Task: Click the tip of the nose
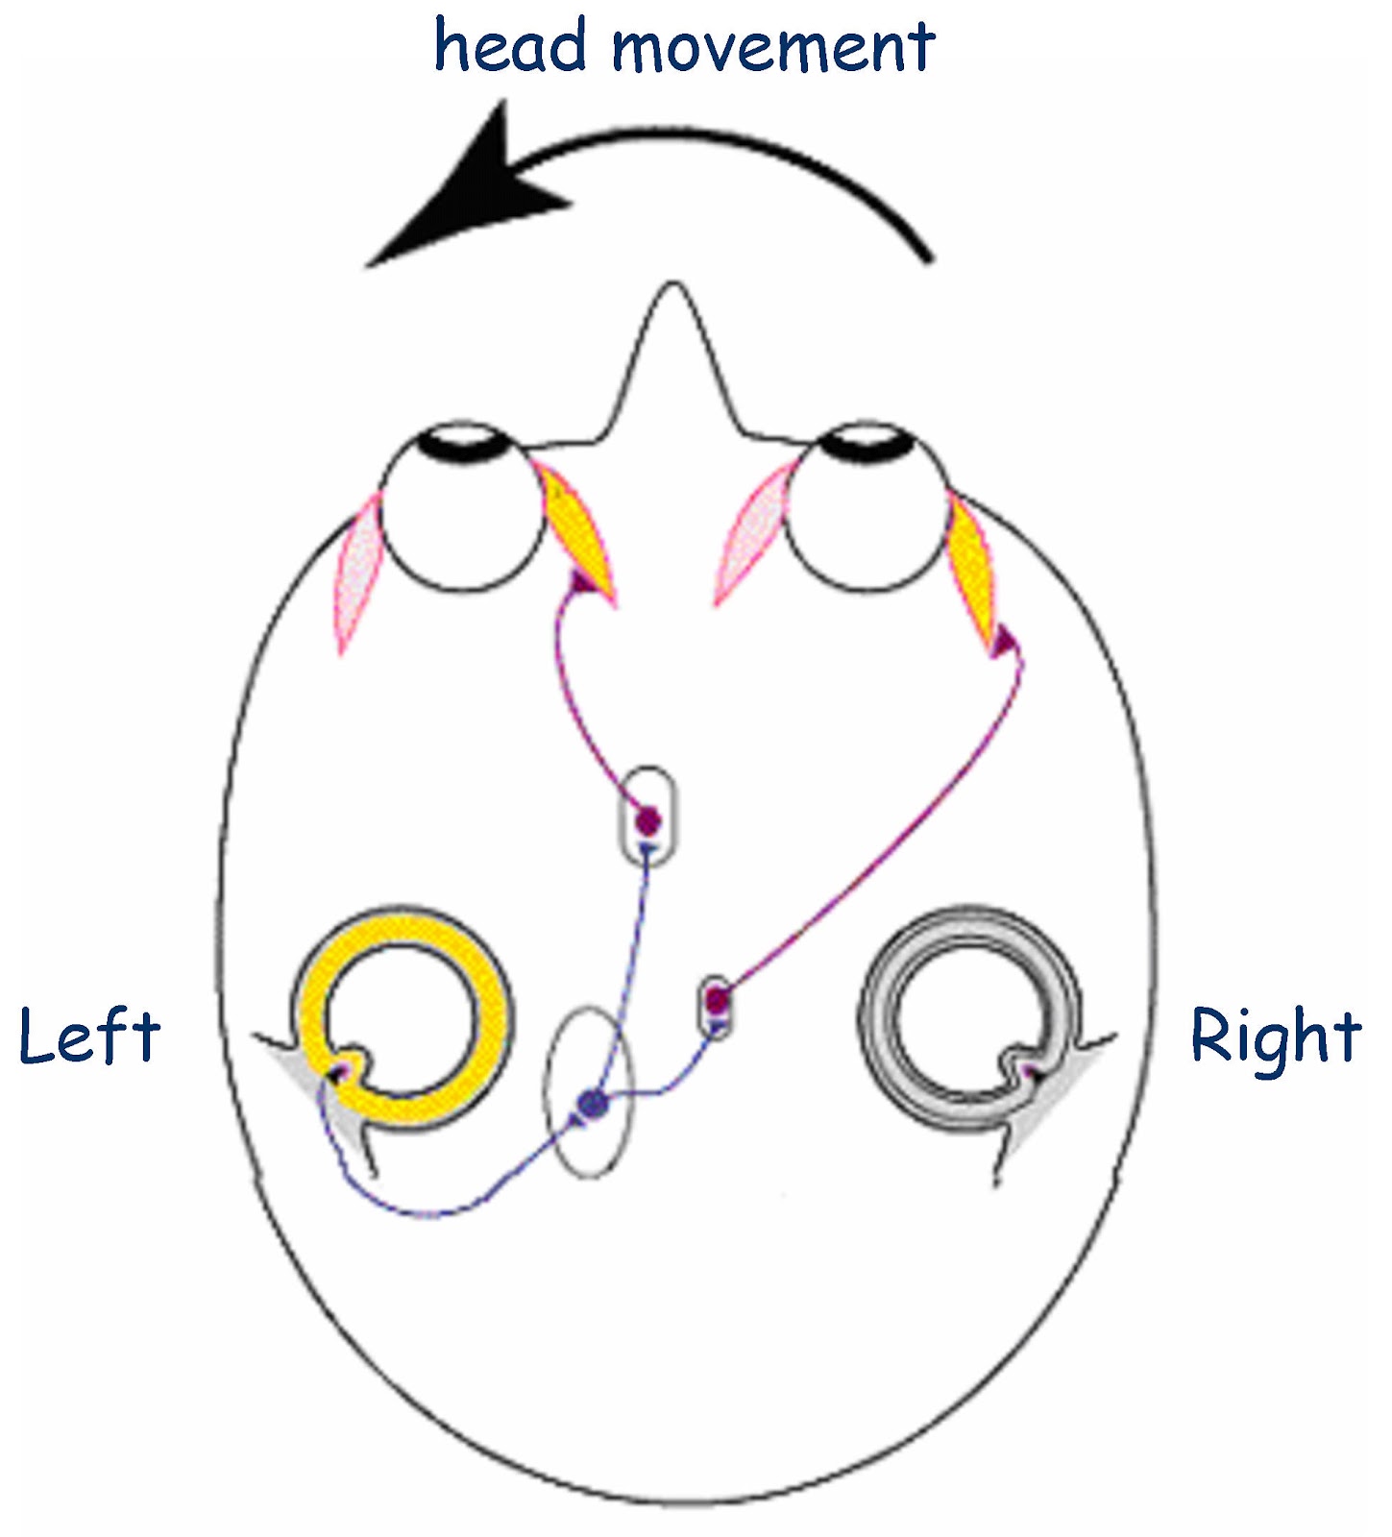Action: (673, 288)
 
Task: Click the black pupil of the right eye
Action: (869, 442)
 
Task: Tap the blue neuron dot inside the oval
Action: (594, 1105)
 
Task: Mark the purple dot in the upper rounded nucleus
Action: (648, 819)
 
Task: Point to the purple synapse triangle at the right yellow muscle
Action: (1004, 640)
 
